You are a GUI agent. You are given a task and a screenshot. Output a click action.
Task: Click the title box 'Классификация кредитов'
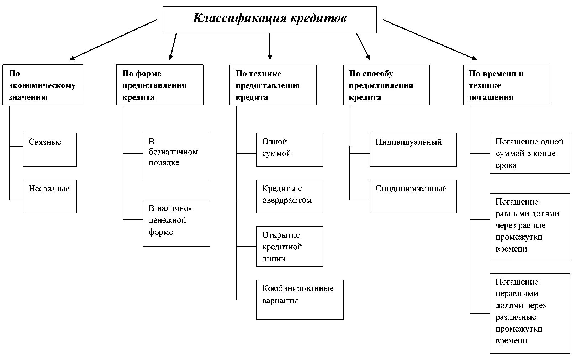(269, 20)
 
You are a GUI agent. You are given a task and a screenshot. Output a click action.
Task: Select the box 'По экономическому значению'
(43, 85)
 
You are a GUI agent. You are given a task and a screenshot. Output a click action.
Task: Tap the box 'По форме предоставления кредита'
(159, 85)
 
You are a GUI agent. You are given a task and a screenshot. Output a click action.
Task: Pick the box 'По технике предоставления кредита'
(273, 85)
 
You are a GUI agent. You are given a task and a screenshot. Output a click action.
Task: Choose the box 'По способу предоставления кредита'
(386, 85)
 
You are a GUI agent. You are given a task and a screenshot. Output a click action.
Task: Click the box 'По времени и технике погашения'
(506, 85)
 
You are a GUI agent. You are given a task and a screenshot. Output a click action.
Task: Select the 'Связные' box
(50, 150)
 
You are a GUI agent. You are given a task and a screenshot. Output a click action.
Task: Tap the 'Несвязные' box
(50, 196)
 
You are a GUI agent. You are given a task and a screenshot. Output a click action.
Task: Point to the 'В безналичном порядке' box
(176, 157)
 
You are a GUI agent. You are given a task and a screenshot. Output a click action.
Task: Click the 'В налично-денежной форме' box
(176, 223)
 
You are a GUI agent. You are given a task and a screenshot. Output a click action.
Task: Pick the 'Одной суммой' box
(290, 150)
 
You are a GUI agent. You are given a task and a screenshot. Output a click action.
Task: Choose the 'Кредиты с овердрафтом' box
(290, 196)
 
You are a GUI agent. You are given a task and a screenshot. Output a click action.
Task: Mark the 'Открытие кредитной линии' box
(290, 247)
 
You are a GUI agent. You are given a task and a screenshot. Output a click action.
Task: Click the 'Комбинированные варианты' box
(300, 300)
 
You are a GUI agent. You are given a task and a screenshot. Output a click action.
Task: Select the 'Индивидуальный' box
(413, 150)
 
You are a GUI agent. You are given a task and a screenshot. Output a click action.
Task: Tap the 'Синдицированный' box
(413, 196)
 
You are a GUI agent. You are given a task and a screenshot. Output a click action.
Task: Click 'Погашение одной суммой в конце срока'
(529, 153)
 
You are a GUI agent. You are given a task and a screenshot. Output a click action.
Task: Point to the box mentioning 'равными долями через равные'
(529, 227)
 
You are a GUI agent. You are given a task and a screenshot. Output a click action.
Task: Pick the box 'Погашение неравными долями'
(529, 313)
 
